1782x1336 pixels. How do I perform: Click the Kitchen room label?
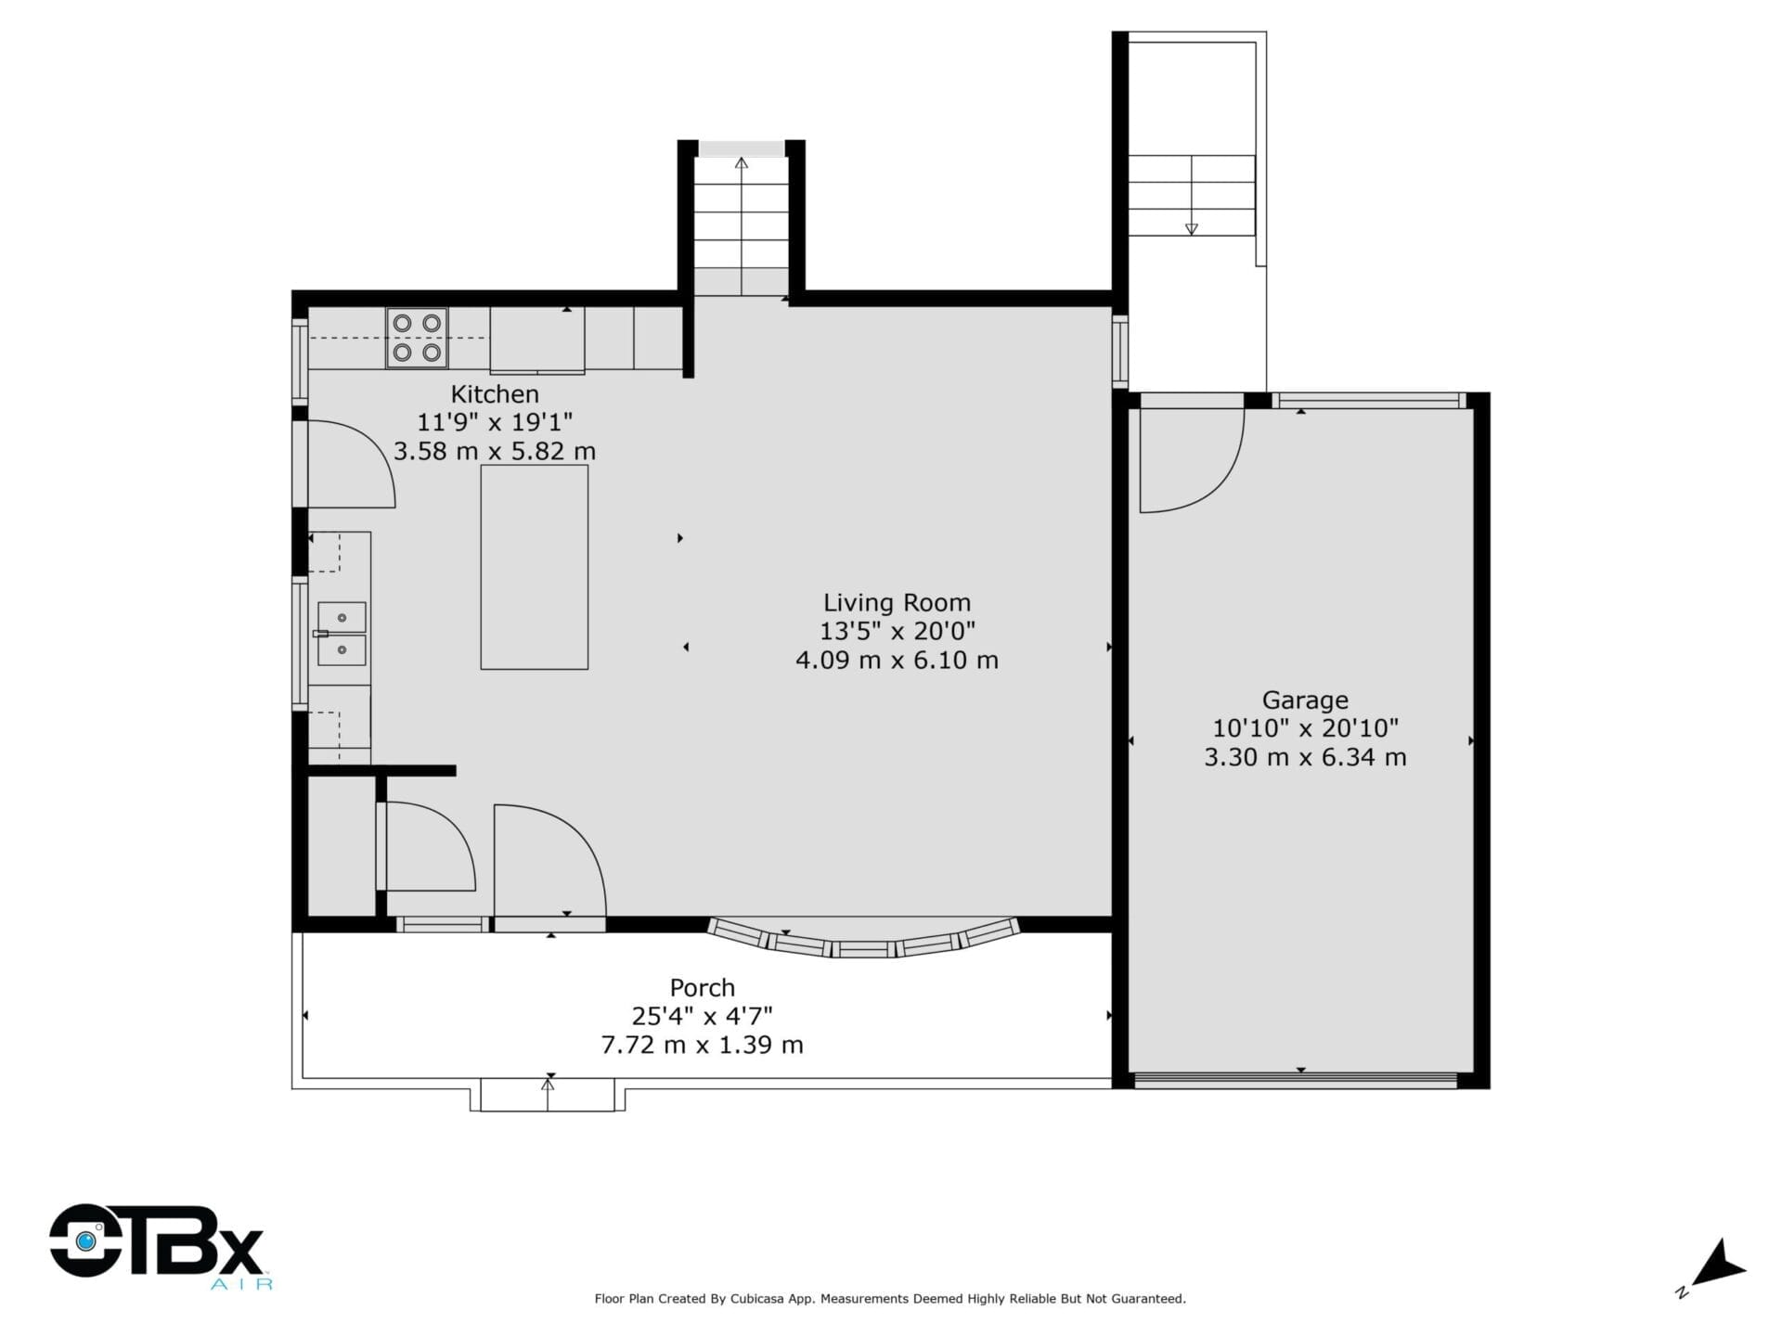coord(495,393)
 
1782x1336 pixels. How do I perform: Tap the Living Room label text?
coord(897,603)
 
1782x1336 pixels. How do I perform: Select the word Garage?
coord(1305,700)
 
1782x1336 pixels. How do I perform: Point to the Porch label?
coord(703,988)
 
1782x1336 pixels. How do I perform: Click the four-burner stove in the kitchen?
coord(417,338)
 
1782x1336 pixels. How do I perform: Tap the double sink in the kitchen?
coord(342,634)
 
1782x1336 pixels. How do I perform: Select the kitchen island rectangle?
coord(534,567)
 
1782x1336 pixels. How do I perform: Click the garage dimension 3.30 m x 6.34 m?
coord(1305,757)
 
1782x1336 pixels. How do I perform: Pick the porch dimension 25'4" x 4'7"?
coord(703,1017)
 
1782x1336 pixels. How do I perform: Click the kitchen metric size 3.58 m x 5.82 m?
coord(495,451)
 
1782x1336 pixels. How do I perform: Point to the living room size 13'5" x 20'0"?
coord(897,632)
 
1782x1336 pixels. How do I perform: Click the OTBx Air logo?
coord(158,1245)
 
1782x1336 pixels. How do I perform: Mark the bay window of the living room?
coord(863,940)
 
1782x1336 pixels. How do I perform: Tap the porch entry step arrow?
coord(548,1094)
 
